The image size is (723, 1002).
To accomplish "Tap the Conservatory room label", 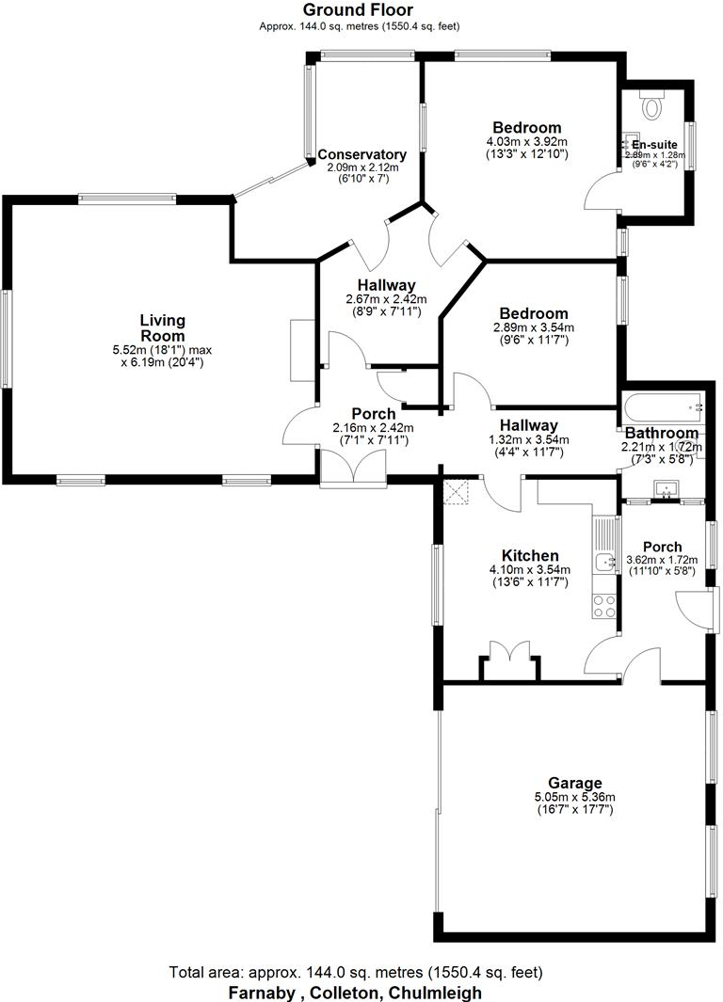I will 361,154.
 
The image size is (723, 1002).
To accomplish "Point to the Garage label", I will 575,783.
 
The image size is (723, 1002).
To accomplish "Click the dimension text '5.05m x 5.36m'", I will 575,797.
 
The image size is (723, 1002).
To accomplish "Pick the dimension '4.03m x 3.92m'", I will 527,142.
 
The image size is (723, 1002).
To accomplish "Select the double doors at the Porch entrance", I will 353,468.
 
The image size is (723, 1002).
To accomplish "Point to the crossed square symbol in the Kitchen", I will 458,491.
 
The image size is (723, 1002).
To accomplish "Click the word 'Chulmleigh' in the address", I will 436,992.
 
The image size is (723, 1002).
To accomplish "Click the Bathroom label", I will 662,434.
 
